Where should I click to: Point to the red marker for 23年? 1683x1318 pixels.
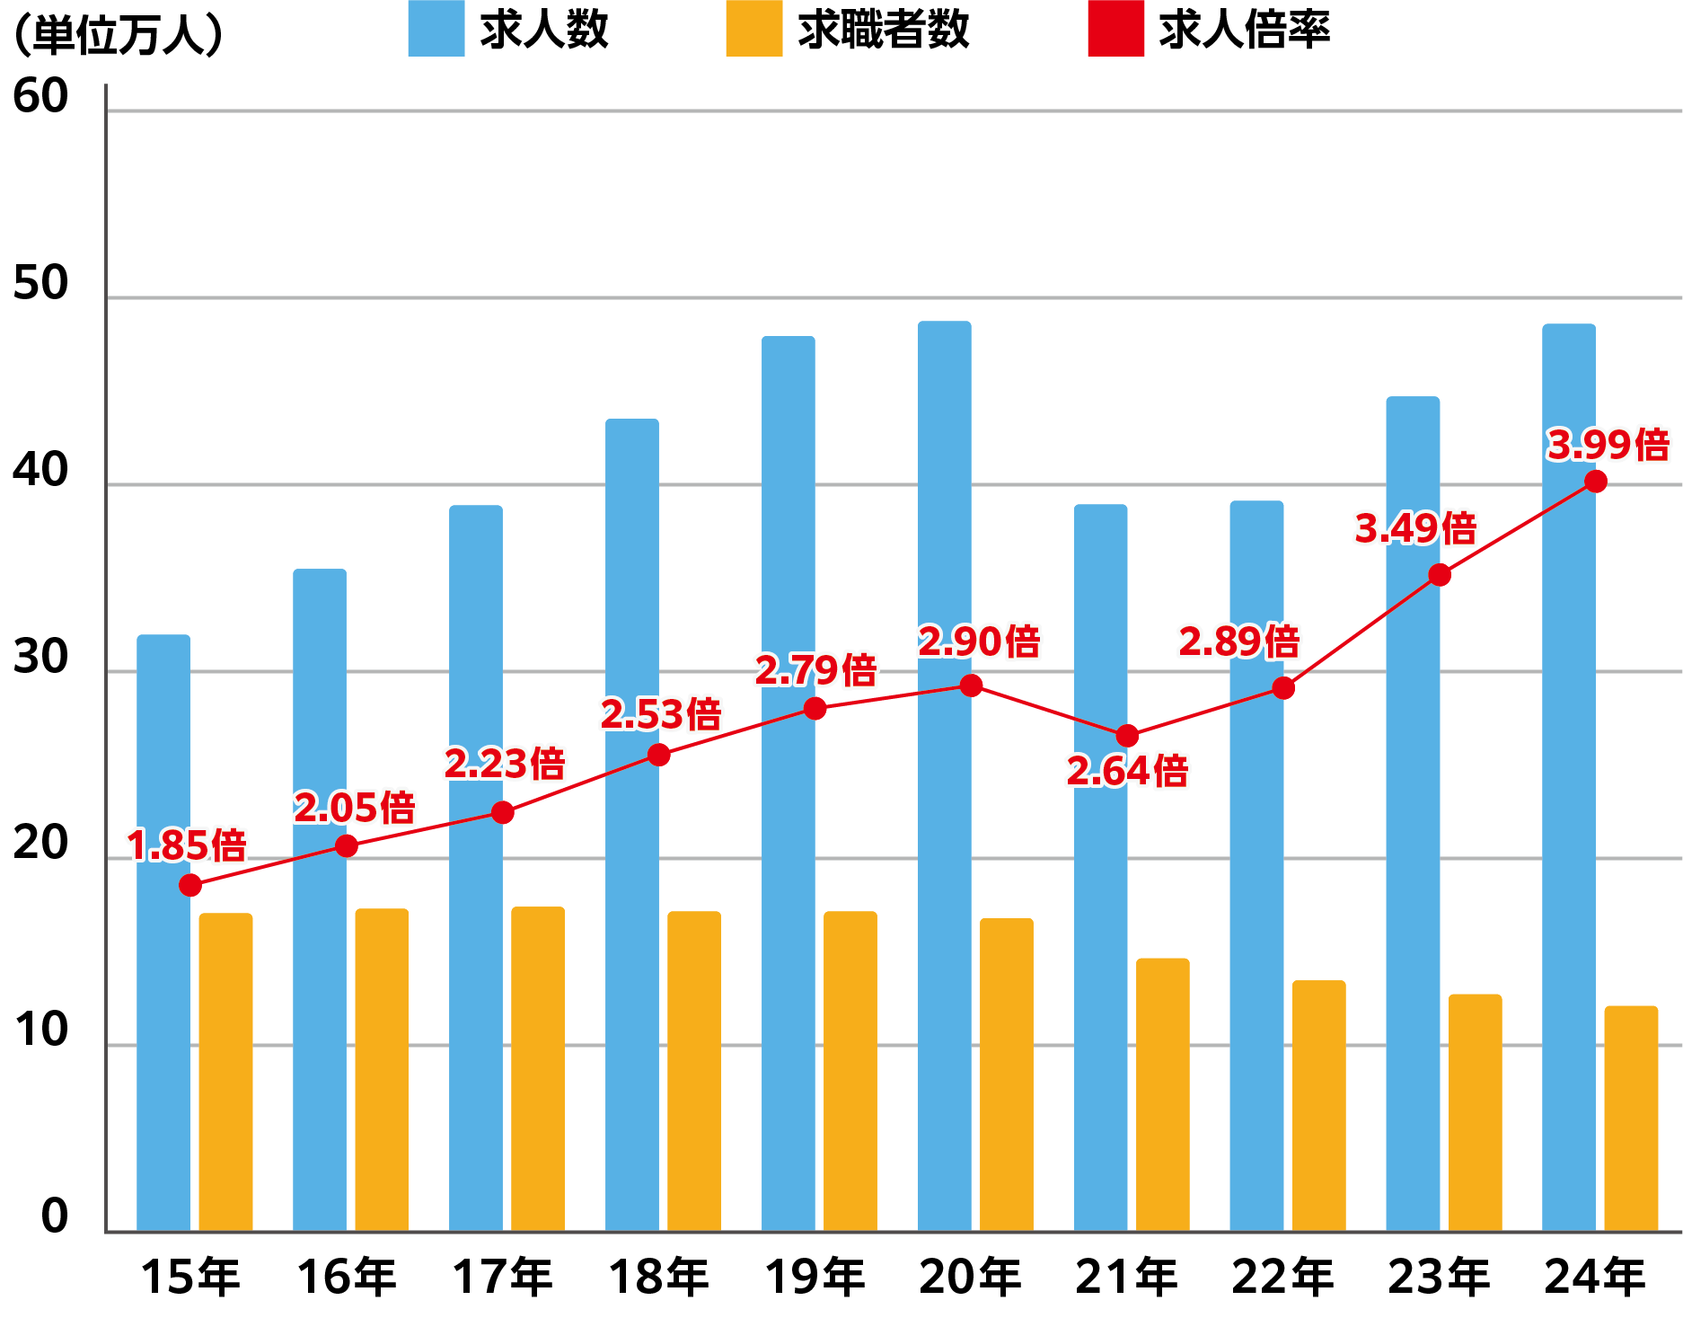(x=1439, y=575)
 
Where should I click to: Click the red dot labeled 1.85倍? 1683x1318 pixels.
(x=190, y=885)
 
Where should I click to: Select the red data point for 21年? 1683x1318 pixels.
(x=1127, y=736)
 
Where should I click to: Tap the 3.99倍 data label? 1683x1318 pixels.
(x=1608, y=445)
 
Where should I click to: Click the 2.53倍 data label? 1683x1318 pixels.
(x=661, y=715)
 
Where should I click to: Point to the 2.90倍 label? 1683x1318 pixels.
(x=979, y=641)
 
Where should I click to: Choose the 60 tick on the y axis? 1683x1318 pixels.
(x=40, y=96)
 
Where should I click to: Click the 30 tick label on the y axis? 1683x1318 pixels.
(x=40, y=657)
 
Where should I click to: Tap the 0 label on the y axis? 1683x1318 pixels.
(x=54, y=1216)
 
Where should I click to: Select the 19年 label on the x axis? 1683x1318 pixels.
(x=815, y=1277)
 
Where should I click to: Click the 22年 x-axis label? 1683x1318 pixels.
(x=1282, y=1277)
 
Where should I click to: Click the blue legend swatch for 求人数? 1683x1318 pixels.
(x=436, y=29)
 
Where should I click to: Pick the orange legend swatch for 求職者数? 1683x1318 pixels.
(x=753, y=29)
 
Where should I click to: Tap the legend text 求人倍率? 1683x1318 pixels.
(x=1244, y=30)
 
